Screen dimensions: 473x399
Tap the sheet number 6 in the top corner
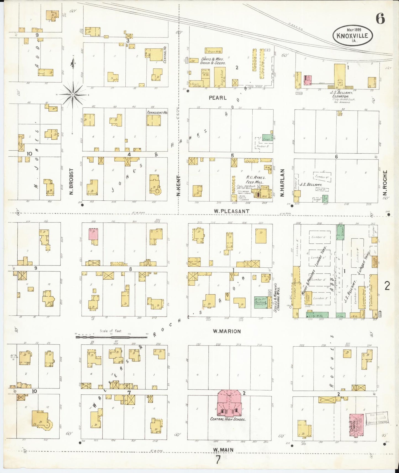[x=380, y=18]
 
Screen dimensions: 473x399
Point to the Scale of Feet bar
[x=112, y=336]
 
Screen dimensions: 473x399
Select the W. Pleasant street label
[x=231, y=211]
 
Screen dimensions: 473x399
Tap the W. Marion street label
[x=227, y=331]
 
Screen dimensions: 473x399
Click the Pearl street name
[x=218, y=98]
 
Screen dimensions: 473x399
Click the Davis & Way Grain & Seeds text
[x=213, y=61]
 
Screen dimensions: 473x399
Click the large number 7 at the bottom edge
[x=218, y=460]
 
